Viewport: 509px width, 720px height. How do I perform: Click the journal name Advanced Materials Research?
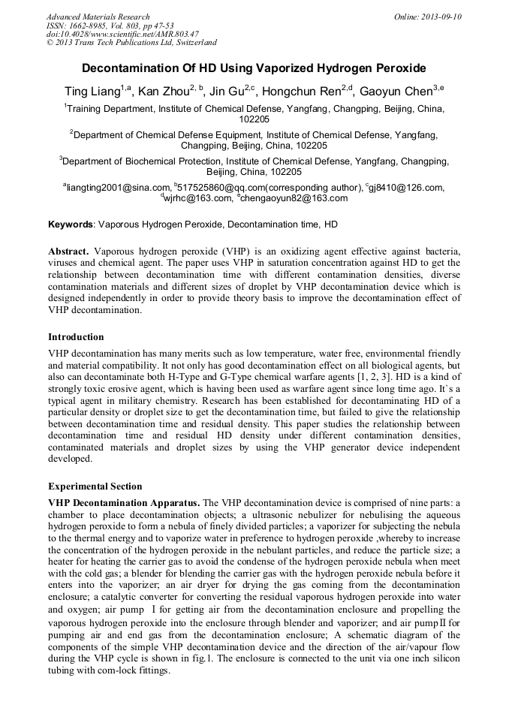pos(98,17)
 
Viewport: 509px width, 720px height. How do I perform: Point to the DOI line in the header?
pos(122,34)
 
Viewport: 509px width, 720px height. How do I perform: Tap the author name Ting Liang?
pos(92,92)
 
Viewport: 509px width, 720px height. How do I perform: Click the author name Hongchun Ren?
pos(304,92)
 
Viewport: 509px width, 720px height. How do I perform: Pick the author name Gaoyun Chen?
pos(396,92)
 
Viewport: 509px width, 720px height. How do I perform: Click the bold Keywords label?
pos(71,224)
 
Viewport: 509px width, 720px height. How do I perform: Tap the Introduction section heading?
pos(76,337)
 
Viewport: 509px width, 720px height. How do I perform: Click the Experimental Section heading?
pos(95,487)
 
